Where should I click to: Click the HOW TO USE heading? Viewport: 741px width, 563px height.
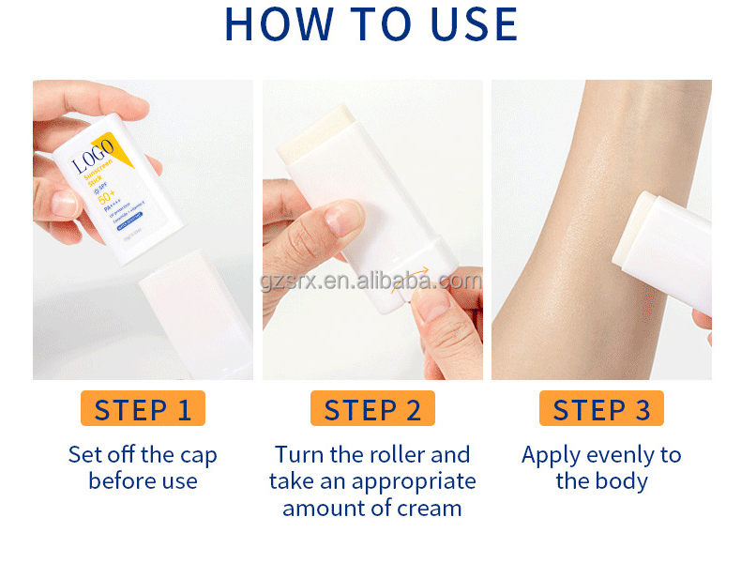[371, 24]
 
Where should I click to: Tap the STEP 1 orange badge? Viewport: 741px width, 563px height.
[143, 409]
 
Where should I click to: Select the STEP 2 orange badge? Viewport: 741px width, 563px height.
[372, 409]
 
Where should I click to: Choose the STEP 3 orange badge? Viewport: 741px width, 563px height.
[601, 409]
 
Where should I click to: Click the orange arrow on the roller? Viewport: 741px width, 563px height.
[416, 279]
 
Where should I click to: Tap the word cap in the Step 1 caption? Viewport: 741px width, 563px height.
[198, 456]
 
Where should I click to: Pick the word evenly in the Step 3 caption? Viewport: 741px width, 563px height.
[614, 456]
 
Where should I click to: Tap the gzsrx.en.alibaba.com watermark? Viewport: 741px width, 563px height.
[371, 281]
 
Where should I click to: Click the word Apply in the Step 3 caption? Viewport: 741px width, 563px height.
[550, 456]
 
